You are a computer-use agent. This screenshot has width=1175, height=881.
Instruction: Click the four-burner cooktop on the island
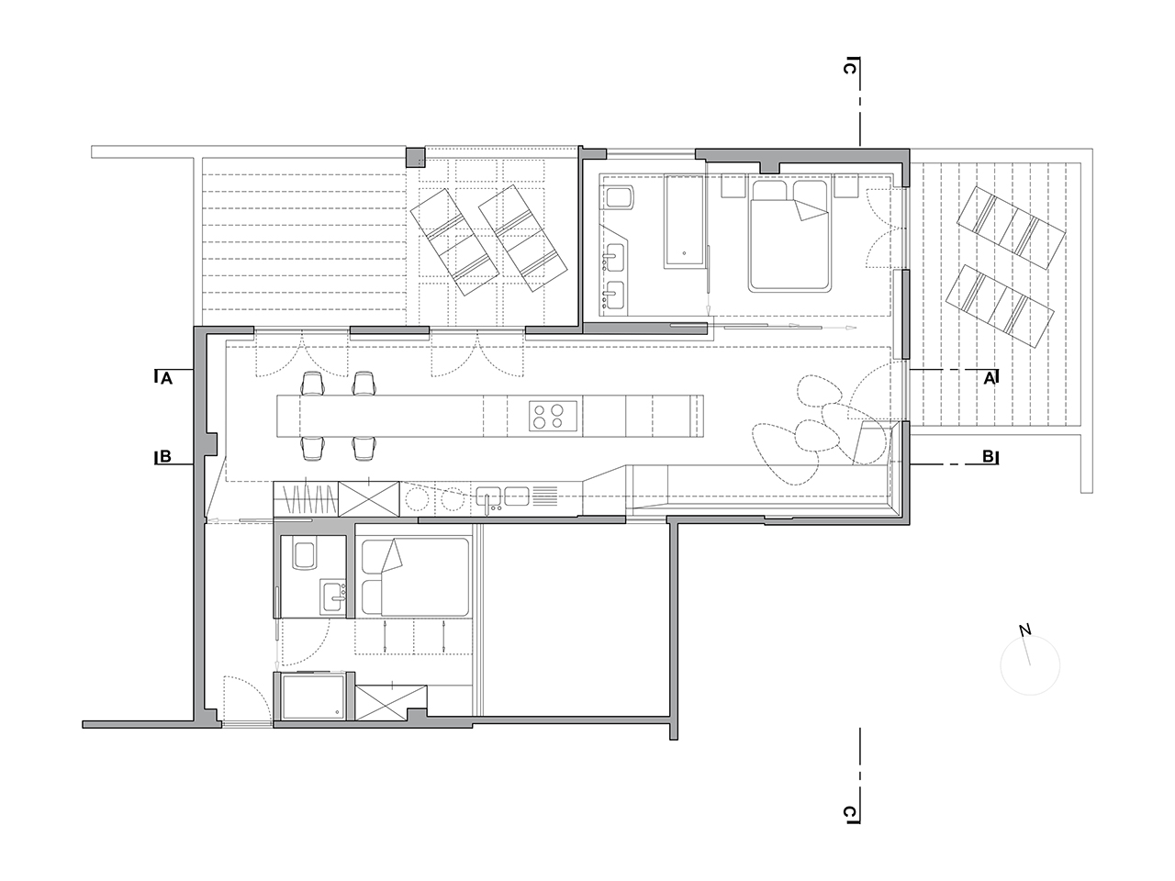pos(554,416)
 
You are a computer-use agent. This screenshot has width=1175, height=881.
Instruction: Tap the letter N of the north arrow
pos(1024,630)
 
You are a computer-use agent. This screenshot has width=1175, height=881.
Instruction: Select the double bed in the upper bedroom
pos(789,235)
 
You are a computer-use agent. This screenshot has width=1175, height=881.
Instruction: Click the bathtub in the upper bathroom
pos(684,220)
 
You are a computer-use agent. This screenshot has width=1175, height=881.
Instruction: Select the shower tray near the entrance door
pos(313,696)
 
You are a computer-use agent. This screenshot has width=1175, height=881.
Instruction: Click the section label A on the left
pos(166,379)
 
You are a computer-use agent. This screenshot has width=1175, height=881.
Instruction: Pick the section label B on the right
pos(988,457)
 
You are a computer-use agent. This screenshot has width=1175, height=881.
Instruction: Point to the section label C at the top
pos(849,69)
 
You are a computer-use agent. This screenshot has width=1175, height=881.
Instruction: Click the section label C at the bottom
pos(849,812)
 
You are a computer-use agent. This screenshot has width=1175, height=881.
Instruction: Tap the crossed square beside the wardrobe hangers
pos(369,499)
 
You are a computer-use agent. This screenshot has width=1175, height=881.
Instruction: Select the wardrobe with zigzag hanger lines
pos(306,499)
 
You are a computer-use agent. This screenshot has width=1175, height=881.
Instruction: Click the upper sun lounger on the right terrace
pos(1011,228)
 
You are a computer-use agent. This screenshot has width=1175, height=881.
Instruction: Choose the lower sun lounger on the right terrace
pos(1000,307)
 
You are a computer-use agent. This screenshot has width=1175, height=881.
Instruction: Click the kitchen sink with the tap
pos(488,496)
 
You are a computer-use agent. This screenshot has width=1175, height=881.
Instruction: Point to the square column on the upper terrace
pos(416,157)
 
